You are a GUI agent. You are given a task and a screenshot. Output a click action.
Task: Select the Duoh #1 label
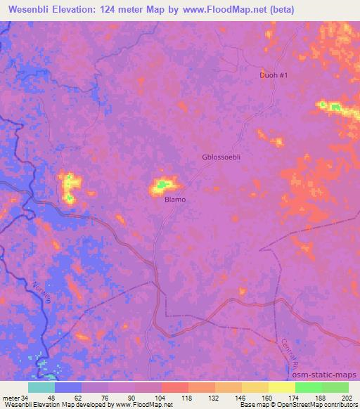pos(274,75)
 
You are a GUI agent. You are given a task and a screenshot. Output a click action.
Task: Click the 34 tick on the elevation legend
pos(27,398)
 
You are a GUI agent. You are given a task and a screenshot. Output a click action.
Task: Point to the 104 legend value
pos(162,398)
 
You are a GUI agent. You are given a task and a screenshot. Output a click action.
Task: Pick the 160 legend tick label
pos(269,398)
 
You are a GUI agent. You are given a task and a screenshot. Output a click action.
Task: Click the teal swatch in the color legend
pos(41,387)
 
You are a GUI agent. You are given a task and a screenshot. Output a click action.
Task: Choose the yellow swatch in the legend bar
pos(282,387)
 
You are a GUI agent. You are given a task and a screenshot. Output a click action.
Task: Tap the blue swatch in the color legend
pos(68,387)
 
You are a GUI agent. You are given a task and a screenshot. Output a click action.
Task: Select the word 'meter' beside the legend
pos(11,398)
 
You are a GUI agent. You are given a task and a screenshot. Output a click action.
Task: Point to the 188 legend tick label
pos(322,398)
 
